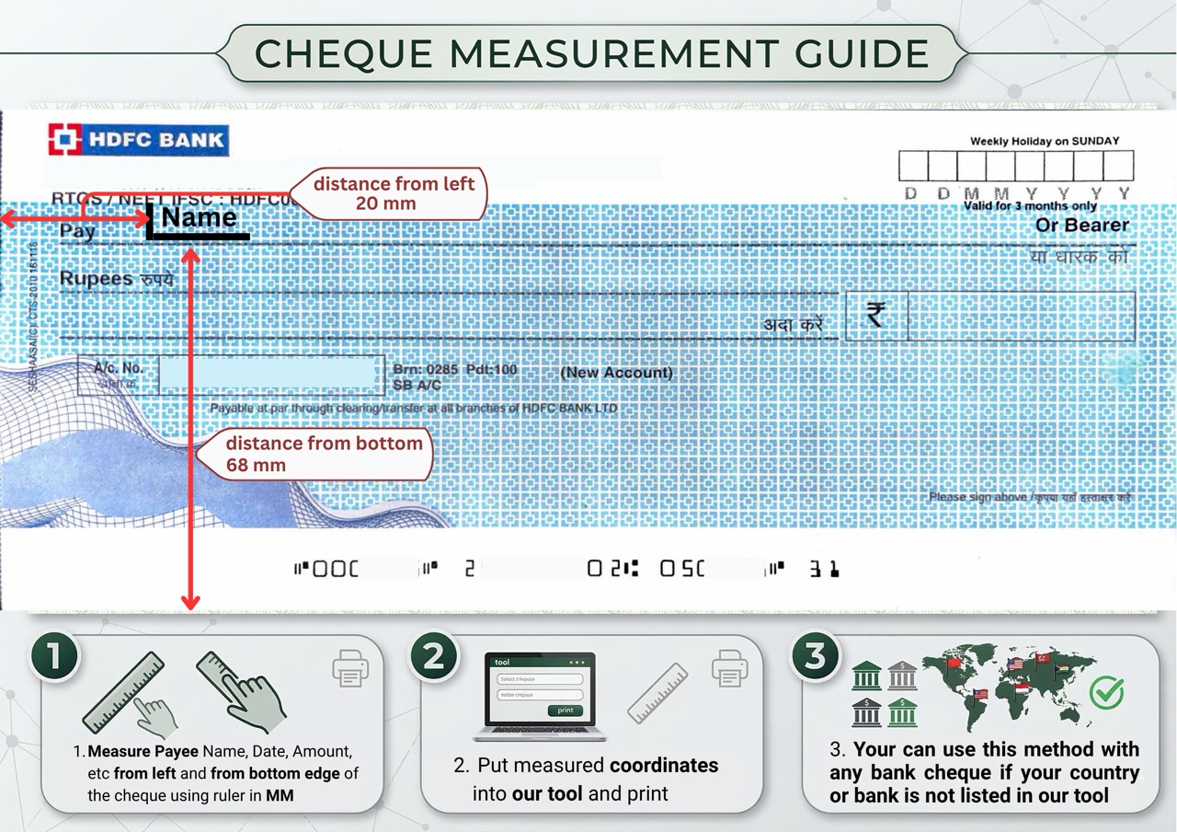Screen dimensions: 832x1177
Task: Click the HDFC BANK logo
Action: (138, 141)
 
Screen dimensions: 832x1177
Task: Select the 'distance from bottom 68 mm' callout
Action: (323, 454)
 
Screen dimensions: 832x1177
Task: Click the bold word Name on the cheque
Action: (199, 218)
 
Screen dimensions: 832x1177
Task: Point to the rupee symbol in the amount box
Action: (875, 316)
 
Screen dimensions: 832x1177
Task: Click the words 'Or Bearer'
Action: (1081, 225)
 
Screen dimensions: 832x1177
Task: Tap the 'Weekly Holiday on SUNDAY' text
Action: (1045, 141)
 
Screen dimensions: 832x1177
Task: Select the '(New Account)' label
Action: (616, 373)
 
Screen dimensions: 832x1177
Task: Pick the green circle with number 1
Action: (54, 657)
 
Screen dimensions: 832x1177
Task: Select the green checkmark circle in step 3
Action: (1106, 692)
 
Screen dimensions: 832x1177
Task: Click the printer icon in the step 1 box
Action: (350, 669)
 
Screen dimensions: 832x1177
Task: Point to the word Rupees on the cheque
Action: (96, 278)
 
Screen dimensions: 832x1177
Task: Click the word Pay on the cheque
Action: (77, 231)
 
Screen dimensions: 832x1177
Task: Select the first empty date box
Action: (912, 166)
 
